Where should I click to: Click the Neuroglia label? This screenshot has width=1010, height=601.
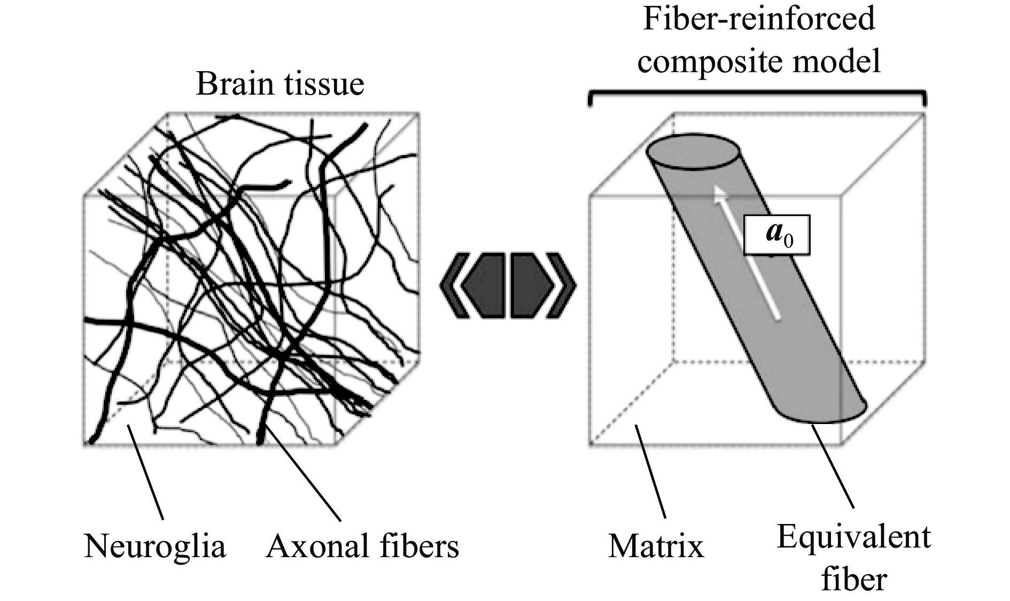155,546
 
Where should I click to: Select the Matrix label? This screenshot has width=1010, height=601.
656,546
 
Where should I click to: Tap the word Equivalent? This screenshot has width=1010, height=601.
853,537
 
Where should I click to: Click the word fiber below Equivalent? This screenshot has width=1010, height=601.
853,579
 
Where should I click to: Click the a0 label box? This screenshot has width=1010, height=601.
777,234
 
